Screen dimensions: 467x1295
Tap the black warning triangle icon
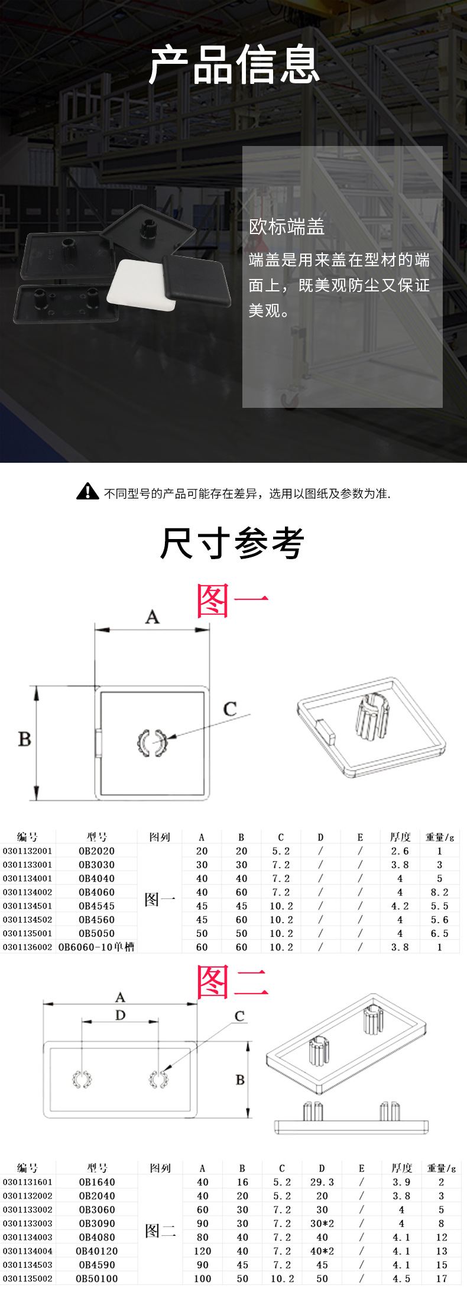[87, 492]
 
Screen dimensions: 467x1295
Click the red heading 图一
[232, 601]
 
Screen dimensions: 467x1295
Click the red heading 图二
[232, 982]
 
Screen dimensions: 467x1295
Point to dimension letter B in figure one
[24, 739]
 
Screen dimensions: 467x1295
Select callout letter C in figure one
[230, 709]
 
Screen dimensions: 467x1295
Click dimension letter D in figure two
[121, 1015]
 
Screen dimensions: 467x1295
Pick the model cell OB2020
[97, 851]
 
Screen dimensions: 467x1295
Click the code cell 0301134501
[27, 906]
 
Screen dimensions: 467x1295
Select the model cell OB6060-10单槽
[96, 947]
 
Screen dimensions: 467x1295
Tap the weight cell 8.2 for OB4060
[439, 892]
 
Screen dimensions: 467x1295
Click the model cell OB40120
[97, 1251]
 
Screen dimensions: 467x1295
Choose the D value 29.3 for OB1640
[322, 1182]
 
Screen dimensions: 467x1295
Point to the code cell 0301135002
[27, 1278]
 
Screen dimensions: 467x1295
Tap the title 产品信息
[234, 65]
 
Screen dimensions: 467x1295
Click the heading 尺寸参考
[232, 543]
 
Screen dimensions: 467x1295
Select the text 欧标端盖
[287, 227]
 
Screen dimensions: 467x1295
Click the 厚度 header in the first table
[400, 837]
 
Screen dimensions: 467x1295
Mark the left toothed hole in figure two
[82, 1079]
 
